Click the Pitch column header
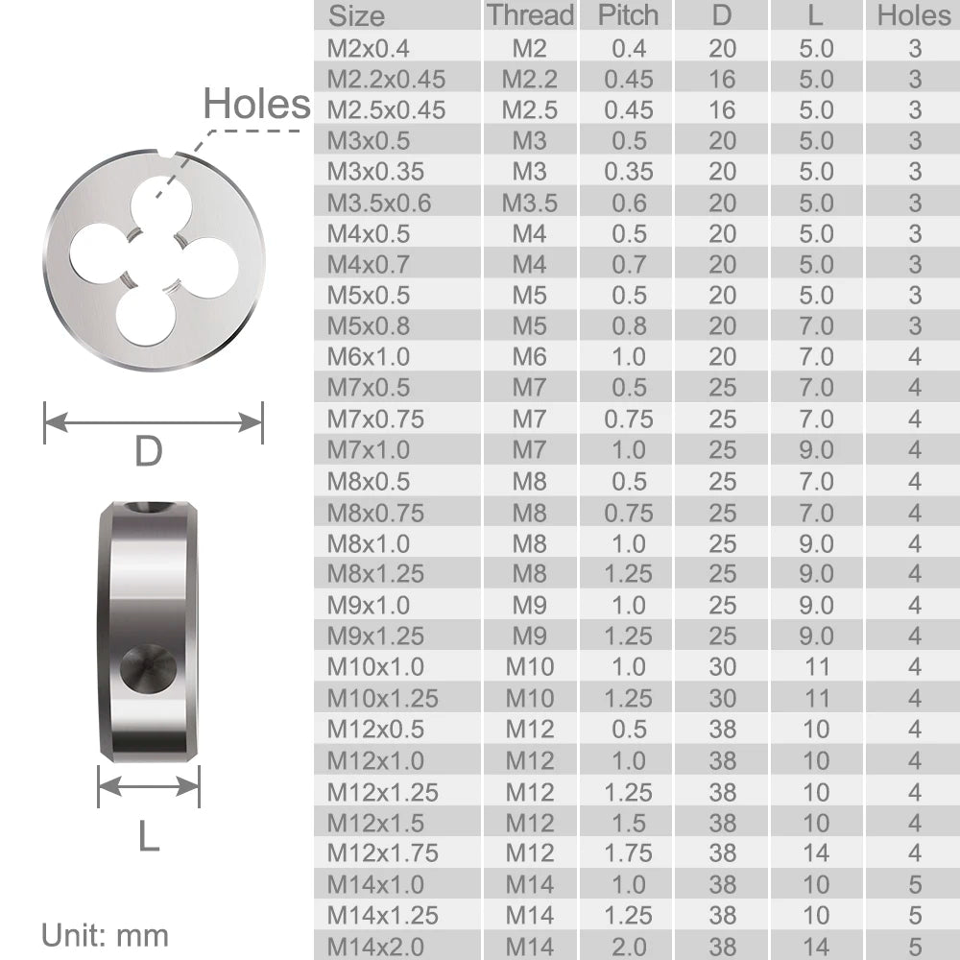(628, 15)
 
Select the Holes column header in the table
(913, 15)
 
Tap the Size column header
(356, 16)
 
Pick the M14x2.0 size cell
(375, 947)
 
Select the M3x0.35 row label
(375, 172)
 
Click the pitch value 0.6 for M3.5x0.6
(628, 204)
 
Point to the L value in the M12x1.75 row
(816, 853)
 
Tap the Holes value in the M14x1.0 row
(914, 884)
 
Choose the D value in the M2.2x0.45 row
(722, 79)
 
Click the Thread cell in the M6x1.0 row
(529, 357)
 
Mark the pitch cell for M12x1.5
(628, 823)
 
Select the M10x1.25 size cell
(382, 698)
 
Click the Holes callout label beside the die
(256, 105)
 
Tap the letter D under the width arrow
(148, 452)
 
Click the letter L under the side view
(148, 836)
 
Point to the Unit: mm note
(105, 935)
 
